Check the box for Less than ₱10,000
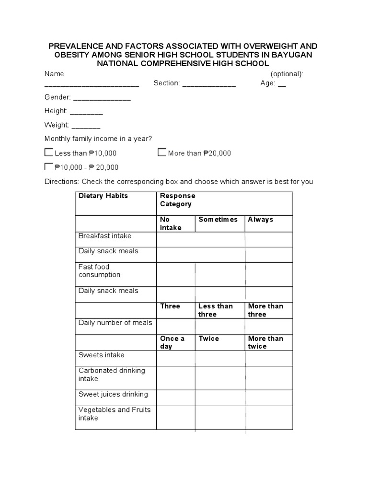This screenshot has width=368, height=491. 48,153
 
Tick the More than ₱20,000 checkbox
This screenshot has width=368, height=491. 162,153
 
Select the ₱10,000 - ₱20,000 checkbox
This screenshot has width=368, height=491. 48,167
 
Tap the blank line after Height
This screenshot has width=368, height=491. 86,113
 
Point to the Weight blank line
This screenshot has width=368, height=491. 86,127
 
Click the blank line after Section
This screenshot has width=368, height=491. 209,85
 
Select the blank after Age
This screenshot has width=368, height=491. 282,85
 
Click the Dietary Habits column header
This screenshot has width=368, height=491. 103,196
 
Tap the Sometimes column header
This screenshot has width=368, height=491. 218,220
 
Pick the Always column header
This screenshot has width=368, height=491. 261,220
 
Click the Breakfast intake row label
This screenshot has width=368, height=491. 104,236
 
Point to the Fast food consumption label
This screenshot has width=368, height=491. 99,271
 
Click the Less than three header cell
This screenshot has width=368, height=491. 216,310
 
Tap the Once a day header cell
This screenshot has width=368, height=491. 172,342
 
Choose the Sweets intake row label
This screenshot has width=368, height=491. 101,355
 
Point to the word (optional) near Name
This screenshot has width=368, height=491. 287,74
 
